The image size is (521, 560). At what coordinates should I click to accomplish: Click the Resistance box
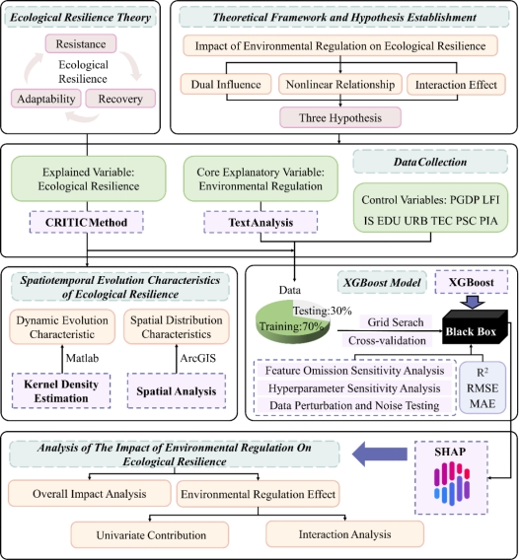tap(81, 44)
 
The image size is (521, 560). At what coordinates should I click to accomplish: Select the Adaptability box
tap(46, 99)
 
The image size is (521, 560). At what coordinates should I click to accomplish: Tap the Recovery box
tap(120, 99)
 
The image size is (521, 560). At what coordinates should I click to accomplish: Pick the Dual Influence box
tap(226, 84)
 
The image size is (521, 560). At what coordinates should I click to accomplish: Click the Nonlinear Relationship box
tap(340, 84)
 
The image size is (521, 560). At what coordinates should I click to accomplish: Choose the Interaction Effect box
tap(456, 85)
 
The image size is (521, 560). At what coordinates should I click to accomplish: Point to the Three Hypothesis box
tap(340, 117)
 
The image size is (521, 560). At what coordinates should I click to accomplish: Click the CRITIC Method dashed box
tap(87, 222)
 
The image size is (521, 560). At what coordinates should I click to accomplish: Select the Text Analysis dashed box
tap(260, 222)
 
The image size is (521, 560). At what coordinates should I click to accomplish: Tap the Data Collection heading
tap(430, 162)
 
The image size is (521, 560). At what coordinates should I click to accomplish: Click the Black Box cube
tap(475, 327)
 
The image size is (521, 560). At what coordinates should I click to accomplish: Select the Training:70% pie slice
tap(291, 325)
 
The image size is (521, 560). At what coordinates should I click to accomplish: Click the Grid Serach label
tap(396, 322)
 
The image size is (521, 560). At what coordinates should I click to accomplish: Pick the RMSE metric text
tap(483, 388)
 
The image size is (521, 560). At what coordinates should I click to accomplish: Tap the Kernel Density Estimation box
tap(61, 390)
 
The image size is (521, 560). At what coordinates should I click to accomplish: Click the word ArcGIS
tap(198, 358)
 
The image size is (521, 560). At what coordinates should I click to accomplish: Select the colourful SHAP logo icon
tap(452, 483)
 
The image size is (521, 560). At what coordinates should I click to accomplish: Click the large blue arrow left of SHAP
tap(380, 454)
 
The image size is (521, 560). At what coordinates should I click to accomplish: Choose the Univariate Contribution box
tap(150, 535)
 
